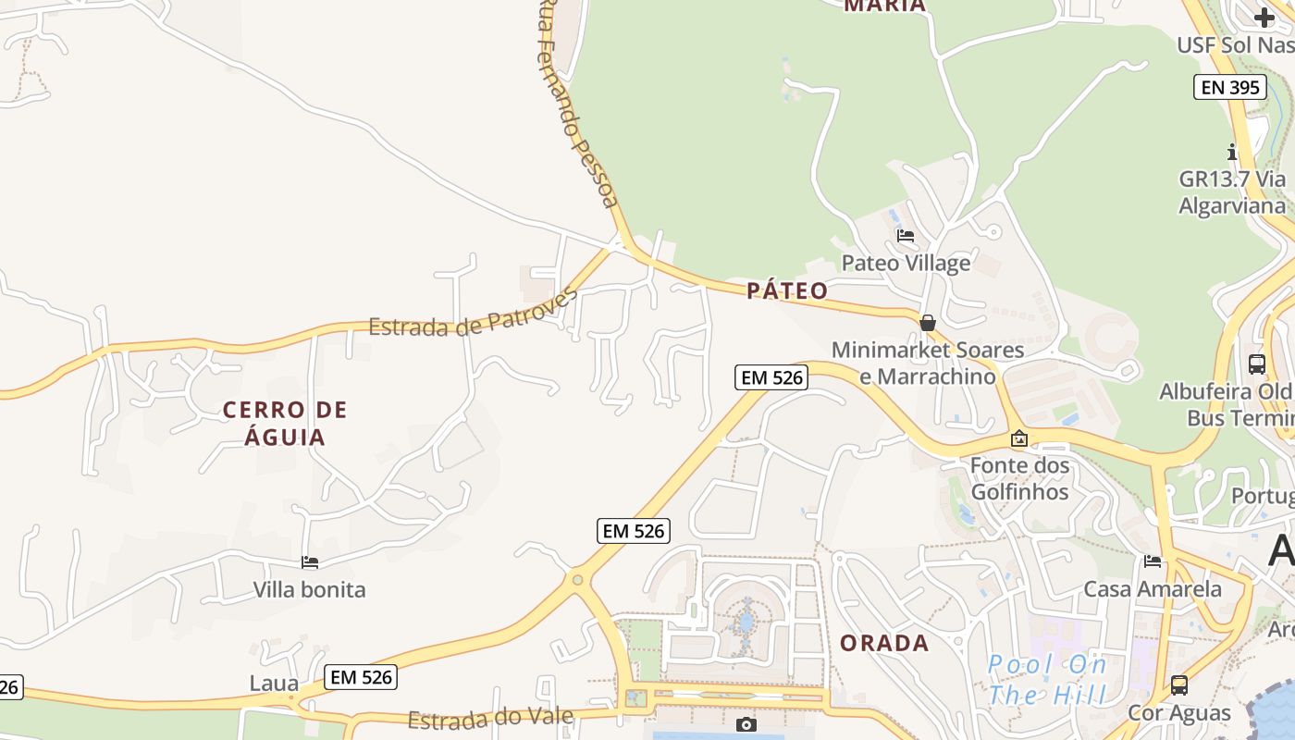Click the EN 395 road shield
click(x=1228, y=87)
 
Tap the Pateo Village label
click(x=906, y=263)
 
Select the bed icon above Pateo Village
click(x=906, y=236)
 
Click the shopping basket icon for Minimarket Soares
click(x=927, y=323)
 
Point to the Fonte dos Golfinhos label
click(x=1019, y=478)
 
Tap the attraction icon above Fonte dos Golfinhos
click(x=1019, y=438)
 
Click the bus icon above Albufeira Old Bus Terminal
click(x=1256, y=364)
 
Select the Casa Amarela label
click(x=1152, y=588)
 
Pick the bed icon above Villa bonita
click(x=310, y=562)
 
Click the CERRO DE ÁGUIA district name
click(x=285, y=423)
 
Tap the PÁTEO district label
click(x=787, y=291)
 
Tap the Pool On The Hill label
click(x=1047, y=679)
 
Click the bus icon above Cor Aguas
click(x=1178, y=685)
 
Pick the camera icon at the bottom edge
click(x=746, y=724)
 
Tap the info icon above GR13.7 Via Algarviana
click(x=1231, y=152)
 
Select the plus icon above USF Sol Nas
click(x=1264, y=17)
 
